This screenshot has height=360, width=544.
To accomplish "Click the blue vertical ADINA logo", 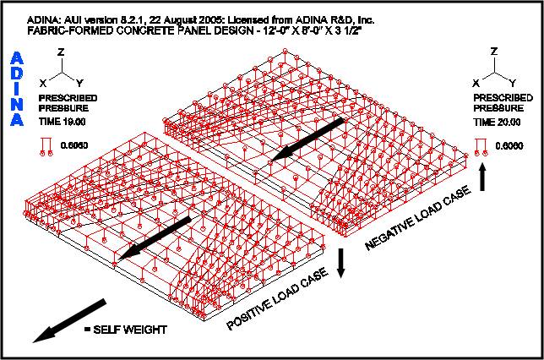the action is tap(17, 89).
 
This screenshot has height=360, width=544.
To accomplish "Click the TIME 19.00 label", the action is tap(63, 122).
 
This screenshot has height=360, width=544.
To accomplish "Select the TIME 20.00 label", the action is tap(497, 122).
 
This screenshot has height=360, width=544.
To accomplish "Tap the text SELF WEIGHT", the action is tap(130, 330).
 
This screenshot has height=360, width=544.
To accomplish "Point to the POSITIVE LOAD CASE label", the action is tap(277, 298).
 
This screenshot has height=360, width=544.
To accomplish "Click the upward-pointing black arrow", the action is tap(482, 177).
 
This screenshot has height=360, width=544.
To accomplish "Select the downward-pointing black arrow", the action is tap(341, 263).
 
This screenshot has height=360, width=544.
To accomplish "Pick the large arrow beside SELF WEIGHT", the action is tap(69, 320).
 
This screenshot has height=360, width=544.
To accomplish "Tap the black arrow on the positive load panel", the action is tap(155, 238).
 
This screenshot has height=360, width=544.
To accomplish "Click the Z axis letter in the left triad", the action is tap(61, 52).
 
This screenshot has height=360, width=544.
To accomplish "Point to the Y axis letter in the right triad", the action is tap(513, 83).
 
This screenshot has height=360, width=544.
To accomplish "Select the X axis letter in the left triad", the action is tap(43, 84).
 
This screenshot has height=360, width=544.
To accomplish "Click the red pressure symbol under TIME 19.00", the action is tap(46, 147).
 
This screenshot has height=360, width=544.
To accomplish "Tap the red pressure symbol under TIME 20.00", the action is tap(481, 147).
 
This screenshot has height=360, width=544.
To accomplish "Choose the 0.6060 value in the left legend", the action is tap(74, 145).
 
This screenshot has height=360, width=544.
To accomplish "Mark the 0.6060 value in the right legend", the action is tap(509, 146).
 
